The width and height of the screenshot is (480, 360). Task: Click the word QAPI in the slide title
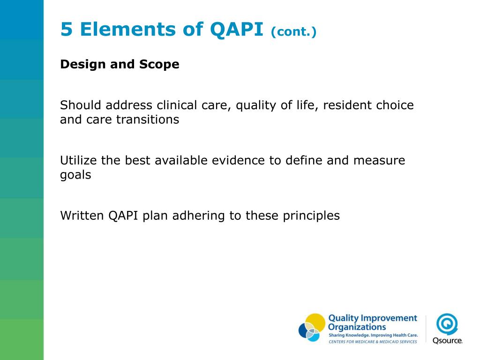(x=237, y=30)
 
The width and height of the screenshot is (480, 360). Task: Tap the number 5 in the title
(x=67, y=30)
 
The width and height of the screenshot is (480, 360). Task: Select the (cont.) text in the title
(x=293, y=32)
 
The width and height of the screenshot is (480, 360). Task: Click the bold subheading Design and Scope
(x=120, y=64)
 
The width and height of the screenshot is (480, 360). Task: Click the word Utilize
(x=78, y=161)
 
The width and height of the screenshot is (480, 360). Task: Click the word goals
(x=75, y=175)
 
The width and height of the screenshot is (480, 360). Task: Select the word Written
(x=82, y=216)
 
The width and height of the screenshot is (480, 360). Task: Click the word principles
(x=311, y=216)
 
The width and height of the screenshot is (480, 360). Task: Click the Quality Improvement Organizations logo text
(x=372, y=322)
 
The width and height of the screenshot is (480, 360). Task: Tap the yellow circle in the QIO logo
(x=315, y=322)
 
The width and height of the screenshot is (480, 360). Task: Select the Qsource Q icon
(x=447, y=323)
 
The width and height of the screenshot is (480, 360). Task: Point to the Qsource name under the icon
(x=447, y=340)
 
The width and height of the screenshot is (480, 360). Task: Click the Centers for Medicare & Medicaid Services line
(x=373, y=342)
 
